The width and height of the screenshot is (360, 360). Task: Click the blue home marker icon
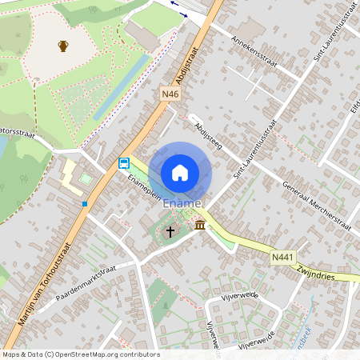tap(180, 173)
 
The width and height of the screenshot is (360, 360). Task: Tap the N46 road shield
tap(170, 94)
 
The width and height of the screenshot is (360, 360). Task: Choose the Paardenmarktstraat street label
tap(86, 284)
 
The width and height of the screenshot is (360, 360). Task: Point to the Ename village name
tap(182, 205)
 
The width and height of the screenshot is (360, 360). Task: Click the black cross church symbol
tap(170, 232)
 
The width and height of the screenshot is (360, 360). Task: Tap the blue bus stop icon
tap(124, 163)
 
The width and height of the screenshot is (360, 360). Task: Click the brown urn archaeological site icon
tap(63, 46)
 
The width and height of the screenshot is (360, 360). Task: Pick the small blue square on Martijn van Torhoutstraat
tap(84, 203)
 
